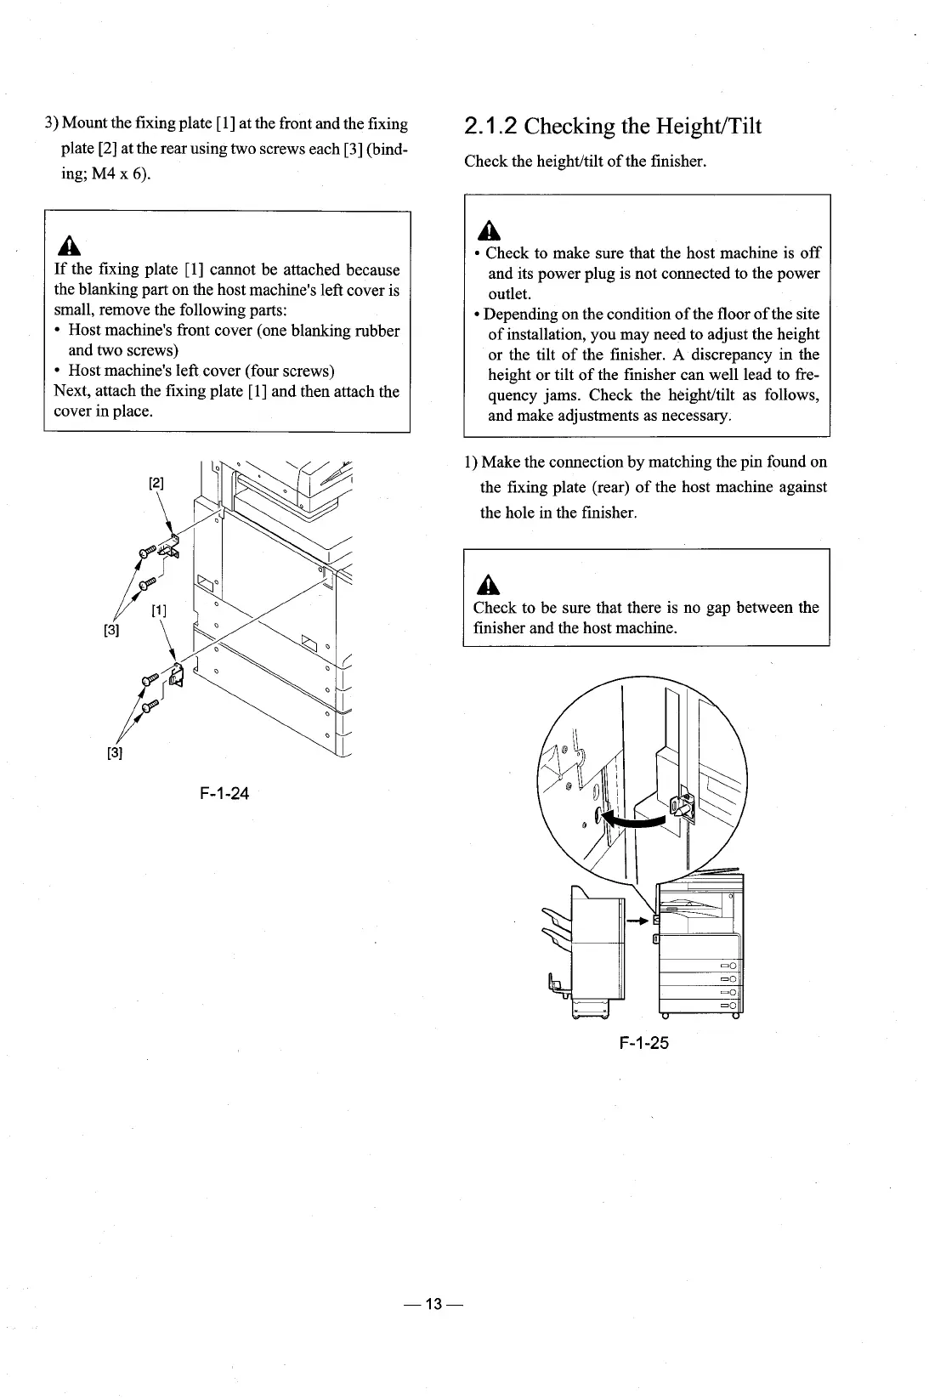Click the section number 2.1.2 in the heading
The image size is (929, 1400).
coord(490,127)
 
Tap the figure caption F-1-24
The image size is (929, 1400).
coord(224,794)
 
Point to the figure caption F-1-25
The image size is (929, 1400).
coord(644,1042)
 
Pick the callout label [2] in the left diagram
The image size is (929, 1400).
coord(157,484)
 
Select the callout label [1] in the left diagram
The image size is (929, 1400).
coord(158,610)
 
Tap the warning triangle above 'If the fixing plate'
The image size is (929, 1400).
coord(64,246)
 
